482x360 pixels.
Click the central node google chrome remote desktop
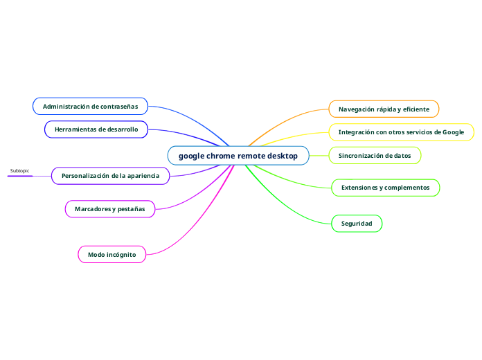(238, 156)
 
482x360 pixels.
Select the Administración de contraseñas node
(90, 107)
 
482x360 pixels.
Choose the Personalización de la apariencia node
(110, 176)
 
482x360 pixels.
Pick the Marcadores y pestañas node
(109, 208)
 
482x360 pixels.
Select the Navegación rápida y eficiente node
(384, 109)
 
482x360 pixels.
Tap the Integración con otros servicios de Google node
(401, 132)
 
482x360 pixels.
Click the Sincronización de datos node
(375, 156)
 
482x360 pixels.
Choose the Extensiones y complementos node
(385, 188)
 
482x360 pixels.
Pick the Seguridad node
(357, 224)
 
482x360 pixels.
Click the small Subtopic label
(20, 170)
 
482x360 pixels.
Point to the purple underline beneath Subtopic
(20, 176)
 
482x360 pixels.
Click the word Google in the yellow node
(453, 132)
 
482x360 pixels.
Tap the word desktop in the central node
(283, 156)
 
